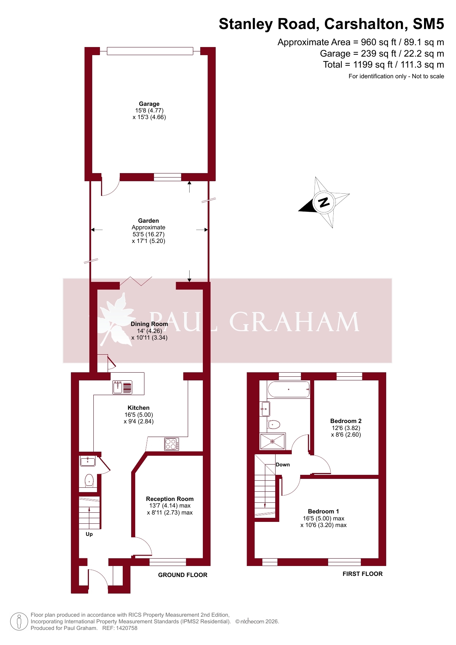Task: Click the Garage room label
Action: click(149, 104)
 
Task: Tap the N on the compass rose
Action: click(324, 202)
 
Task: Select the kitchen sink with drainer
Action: click(122, 387)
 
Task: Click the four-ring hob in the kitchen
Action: click(171, 444)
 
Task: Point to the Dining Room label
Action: click(149, 324)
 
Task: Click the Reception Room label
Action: click(170, 499)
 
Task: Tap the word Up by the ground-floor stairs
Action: click(89, 534)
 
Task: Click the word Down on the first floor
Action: click(283, 465)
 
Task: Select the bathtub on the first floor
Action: click(289, 390)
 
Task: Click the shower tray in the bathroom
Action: click(273, 441)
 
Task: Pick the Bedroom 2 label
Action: click(346, 421)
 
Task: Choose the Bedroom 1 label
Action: click(323, 511)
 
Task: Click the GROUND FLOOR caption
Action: click(183, 575)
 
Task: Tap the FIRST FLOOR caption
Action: click(363, 574)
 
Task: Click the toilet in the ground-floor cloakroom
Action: click(89, 480)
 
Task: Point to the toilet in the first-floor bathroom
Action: click(274, 424)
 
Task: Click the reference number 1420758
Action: click(125, 628)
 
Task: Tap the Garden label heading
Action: click(148, 221)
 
